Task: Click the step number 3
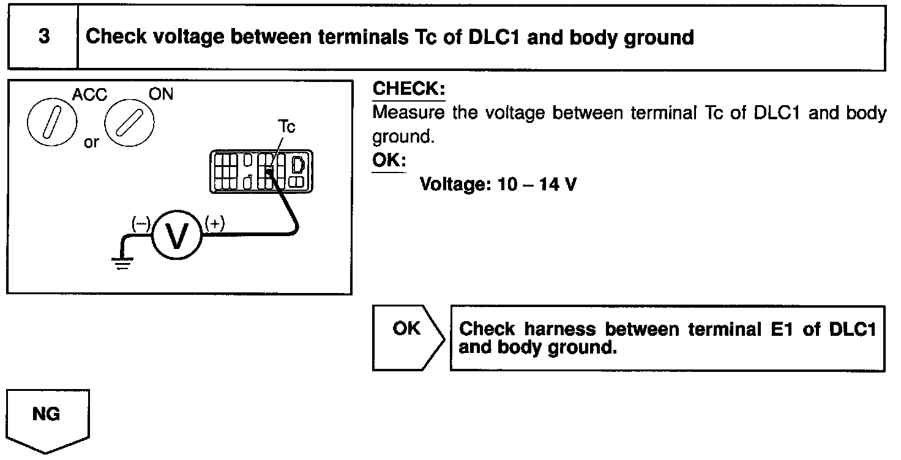coord(44,37)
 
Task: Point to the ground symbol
coord(122,263)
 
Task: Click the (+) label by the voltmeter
coord(214,224)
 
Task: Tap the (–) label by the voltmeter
coord(141,224)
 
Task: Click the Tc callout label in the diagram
coord(286,127)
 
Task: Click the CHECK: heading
coord(409,89)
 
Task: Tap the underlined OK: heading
coord(389,160)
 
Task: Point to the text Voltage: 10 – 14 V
coord(498,184)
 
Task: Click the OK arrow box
coord(407,338)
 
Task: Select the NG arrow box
coord(47,420)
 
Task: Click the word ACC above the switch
coord(89,95)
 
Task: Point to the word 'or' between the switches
coord(91,143)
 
